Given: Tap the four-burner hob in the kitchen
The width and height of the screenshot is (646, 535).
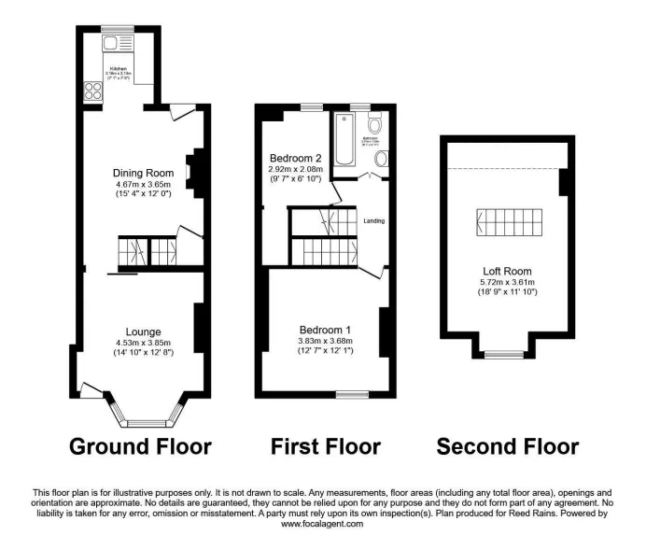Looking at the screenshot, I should (94, 91).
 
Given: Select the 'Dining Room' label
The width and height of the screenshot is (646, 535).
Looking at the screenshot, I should (144, 173).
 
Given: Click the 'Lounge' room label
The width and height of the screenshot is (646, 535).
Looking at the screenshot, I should (144, 331).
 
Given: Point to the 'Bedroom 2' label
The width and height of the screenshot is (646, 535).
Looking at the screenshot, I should (295, 157).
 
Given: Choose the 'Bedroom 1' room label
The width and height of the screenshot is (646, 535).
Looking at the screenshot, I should (325, 330).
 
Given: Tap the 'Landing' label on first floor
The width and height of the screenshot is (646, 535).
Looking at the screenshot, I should (373, 221).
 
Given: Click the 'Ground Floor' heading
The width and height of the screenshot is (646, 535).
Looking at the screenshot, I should (140, 446).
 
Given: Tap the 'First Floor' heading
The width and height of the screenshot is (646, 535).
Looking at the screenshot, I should (326, 446).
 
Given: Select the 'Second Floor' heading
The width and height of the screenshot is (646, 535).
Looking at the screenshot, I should (508, 446).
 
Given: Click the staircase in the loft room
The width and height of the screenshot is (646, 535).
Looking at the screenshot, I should (509, 222).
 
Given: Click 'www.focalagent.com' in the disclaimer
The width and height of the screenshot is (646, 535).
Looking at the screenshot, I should (322, 525).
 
